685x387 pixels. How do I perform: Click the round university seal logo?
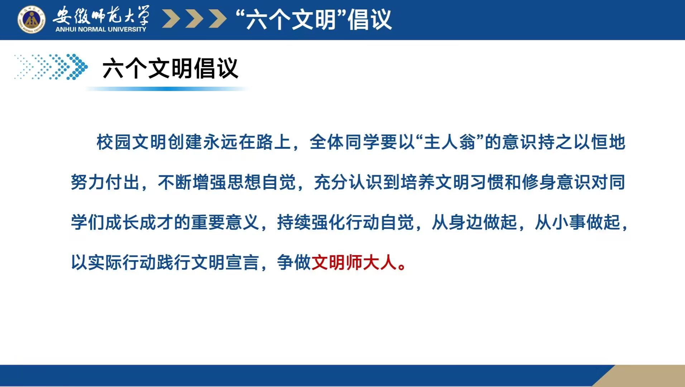[x=32, y=19]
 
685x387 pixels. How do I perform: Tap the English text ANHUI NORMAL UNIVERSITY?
[x=101, y=29]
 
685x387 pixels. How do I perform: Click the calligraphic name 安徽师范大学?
[x=101, y=15]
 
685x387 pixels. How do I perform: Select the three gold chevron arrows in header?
[x=194, y=19]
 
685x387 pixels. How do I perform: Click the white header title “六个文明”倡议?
[x=314, y=19]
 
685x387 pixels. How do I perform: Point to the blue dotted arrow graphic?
[x=51, y=67]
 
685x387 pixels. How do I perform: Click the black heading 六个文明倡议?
[x=170, y=68]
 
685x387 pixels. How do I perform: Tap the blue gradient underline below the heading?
[x=167, y=89]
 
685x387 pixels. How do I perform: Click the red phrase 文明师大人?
[x=354, y=262]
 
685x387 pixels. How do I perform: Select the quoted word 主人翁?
[x=450, y=142]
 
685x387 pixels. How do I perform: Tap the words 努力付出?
[x=105, y=182]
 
